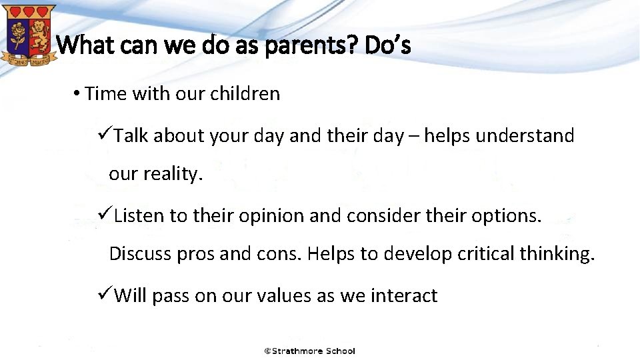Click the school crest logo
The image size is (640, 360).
[x=28, y=37]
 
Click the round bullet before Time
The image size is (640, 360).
[x=77, y=93]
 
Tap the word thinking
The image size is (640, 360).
[x=559, y=254]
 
